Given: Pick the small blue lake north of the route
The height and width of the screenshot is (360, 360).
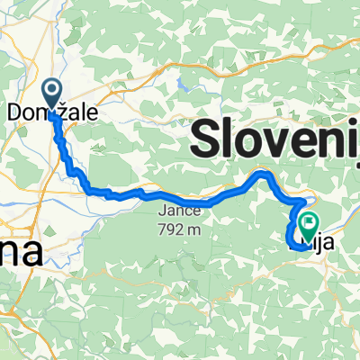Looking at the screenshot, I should [185, 87].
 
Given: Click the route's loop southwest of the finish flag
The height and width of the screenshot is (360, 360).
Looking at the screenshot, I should [292, 236].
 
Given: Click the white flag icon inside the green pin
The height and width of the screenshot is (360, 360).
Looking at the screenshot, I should [310, 220].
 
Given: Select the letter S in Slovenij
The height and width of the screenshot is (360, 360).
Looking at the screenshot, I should [207, 139].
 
